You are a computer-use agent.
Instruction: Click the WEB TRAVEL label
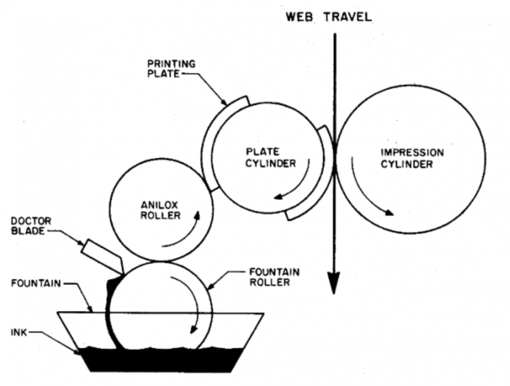coord(328,16)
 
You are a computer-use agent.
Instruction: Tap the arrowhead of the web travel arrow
coord(334,284)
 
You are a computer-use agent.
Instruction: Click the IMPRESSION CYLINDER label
coord(412,158)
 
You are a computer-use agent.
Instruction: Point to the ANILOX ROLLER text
coord(158,210)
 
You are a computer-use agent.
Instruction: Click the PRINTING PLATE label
coord(171,69)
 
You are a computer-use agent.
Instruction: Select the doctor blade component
coord(103,254)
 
